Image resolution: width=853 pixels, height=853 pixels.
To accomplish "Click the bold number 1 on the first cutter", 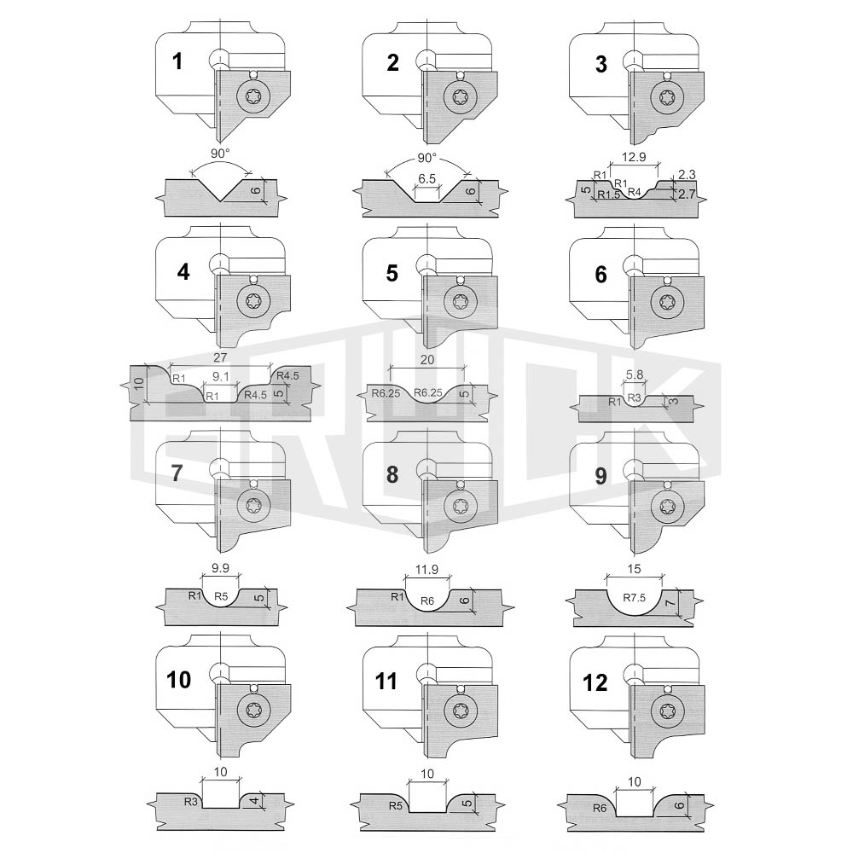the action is (x=177, y=61).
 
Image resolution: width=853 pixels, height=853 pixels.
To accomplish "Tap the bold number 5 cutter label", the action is (x=392, y=273).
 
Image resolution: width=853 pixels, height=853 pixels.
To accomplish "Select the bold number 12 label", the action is (x=595, y=682).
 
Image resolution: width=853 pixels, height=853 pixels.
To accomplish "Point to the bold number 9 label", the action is (x=601, y=476).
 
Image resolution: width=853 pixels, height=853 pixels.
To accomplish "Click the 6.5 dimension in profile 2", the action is (x=427, y=178).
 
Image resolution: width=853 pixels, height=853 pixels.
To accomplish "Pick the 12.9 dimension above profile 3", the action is (x=634, y=157).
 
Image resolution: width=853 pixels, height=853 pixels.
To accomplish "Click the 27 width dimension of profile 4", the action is (x=220, y=357).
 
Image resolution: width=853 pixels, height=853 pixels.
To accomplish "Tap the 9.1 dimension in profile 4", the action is (x=221, y=376).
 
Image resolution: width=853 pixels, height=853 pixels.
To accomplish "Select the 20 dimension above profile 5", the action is (x=427, y=360).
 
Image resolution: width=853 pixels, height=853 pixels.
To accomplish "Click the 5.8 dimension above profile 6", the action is (x=635, y=374).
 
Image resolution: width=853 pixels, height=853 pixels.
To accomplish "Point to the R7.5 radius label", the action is (x=635, y=597).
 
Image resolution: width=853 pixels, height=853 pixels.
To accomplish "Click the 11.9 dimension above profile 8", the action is (x=426, y=570).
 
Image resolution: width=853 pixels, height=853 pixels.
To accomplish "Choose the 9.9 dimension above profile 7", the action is (x=220, y=568).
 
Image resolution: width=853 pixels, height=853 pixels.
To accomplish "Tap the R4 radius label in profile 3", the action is (x=635, y=192).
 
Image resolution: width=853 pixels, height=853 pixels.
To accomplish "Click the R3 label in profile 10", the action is (x=190, y=801).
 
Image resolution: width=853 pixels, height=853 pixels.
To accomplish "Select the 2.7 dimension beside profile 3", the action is (x=687, y=194).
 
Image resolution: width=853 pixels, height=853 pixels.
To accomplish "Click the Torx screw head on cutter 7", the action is (x=253, y=506).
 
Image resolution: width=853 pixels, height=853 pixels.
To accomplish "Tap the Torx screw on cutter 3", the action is (x=667, y=98).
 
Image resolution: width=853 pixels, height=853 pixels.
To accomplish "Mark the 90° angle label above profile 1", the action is (x=220, y=154).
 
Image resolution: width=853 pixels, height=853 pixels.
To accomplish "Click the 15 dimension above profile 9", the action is (x=635, y=568).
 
